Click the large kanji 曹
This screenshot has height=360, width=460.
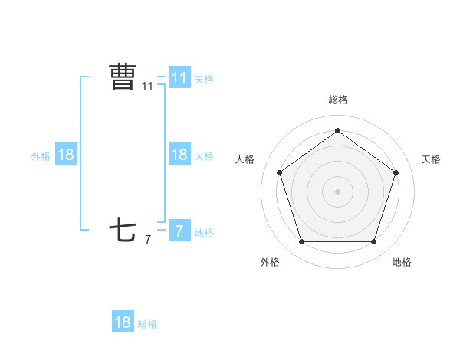(123, 77)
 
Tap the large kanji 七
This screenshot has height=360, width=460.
(123, 230)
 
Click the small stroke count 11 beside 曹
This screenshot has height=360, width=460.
(148, 87)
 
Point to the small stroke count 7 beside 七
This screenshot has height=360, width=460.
(148, 240)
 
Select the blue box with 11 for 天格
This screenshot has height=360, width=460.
(179, 78)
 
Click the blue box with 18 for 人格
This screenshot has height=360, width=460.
(179, 155)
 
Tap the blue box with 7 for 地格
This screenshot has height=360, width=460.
(179, 231)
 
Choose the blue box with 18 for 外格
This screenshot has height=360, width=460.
(66, 155)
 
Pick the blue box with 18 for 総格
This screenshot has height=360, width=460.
(123, 322)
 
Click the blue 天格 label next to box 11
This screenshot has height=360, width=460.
(204, 79)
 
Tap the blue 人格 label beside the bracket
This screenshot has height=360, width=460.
(204, 155)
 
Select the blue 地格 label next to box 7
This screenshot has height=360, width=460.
(204, 232)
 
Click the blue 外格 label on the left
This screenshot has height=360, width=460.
(41, 155)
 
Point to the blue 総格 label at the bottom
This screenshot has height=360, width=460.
(147, 324)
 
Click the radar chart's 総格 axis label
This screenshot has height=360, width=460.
(337, 100)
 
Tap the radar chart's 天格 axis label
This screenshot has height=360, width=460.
(431, 159)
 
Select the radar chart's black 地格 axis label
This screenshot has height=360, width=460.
(402, 262)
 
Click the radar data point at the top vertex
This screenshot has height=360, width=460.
(337, 131)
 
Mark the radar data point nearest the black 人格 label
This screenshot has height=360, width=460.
(279, 172)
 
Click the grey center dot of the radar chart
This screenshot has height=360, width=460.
(337, 191)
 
